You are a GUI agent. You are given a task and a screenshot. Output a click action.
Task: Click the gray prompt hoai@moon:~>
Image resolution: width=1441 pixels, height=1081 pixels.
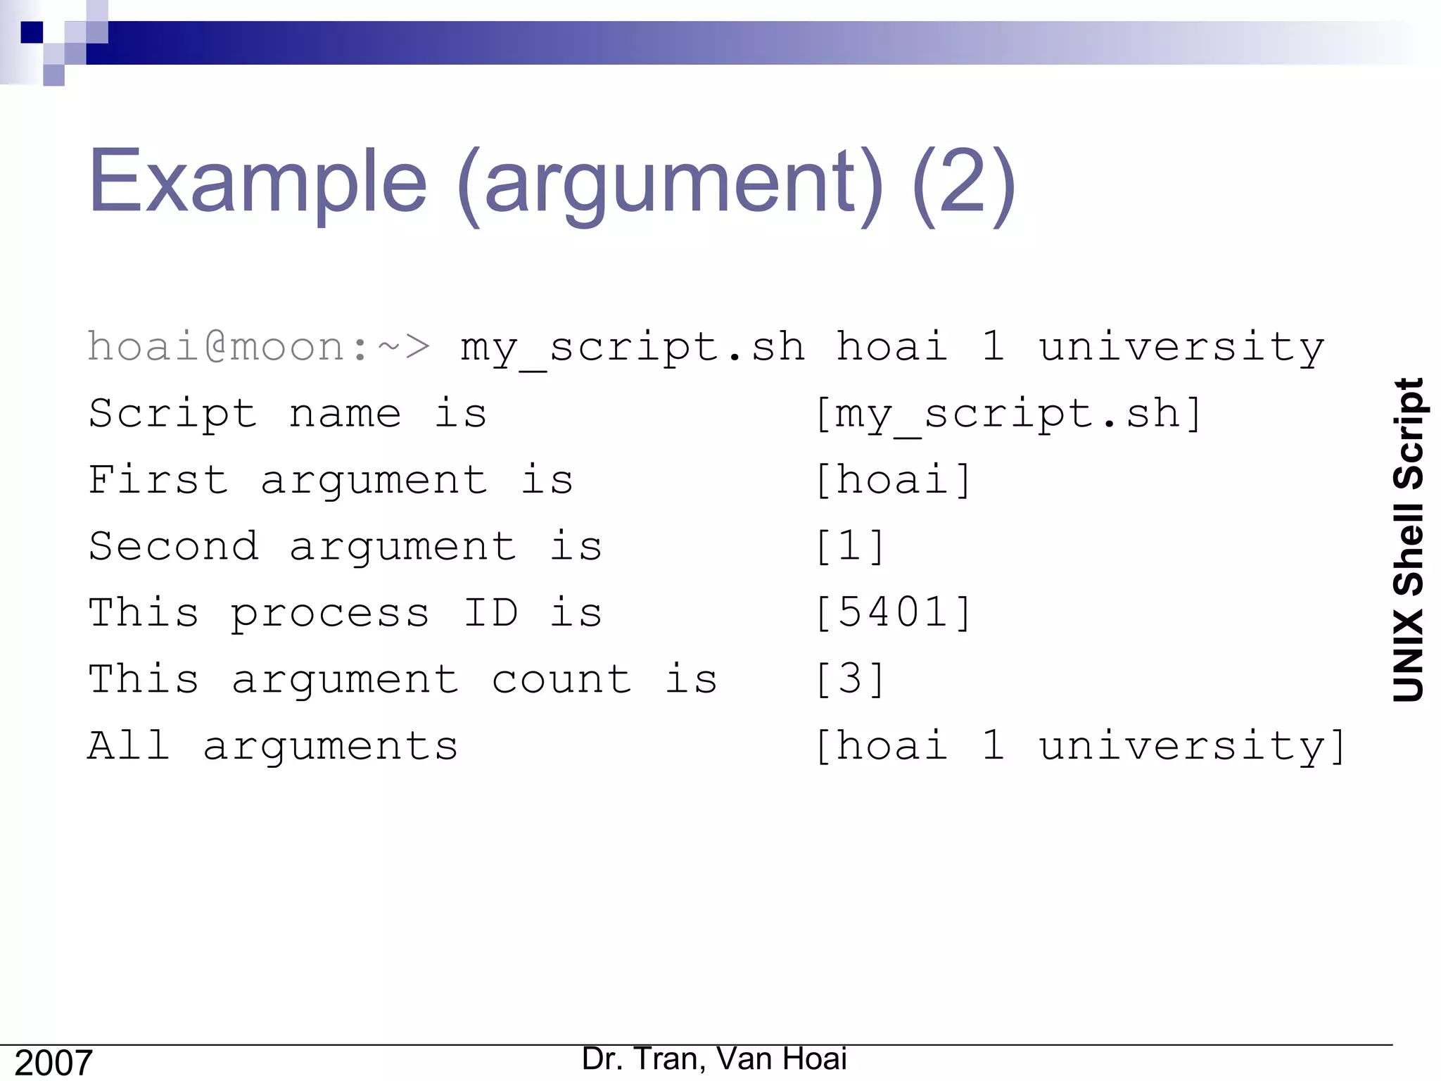tap(258, 347)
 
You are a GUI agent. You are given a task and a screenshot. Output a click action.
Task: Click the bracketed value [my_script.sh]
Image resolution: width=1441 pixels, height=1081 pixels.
tap(1008, 414)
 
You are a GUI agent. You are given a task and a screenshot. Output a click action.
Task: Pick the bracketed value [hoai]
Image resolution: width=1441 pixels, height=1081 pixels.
tap(893, 481)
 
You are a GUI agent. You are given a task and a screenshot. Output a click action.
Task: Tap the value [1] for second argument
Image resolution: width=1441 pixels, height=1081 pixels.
tap(849, 547)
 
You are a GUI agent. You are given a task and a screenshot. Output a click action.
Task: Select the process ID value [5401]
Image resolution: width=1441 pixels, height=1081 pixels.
tap(893, 612)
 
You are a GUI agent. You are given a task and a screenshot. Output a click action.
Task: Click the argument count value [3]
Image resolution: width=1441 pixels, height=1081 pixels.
tap(849, 679)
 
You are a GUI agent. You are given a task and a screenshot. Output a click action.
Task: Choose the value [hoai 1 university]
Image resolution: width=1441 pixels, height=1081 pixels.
tap(1080, 746)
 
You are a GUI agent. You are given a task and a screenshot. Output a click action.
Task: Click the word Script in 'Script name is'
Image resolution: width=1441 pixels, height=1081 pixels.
tap(172, 414)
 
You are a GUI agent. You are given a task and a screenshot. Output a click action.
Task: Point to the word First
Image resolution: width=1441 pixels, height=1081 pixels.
tap(158, 480)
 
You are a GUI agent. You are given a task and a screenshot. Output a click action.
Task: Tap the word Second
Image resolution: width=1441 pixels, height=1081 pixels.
tap(173, 547)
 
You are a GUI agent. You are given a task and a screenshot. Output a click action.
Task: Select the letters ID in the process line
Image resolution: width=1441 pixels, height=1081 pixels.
tap(490, 612)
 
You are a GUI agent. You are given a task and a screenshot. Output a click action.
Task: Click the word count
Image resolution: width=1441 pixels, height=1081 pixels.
tap(561, 680)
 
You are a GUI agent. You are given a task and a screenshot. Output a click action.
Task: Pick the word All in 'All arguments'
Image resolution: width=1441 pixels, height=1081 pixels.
tap(129, 745)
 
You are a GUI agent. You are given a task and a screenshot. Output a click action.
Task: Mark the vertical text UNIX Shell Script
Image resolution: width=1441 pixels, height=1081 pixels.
tap(1409, 540)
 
